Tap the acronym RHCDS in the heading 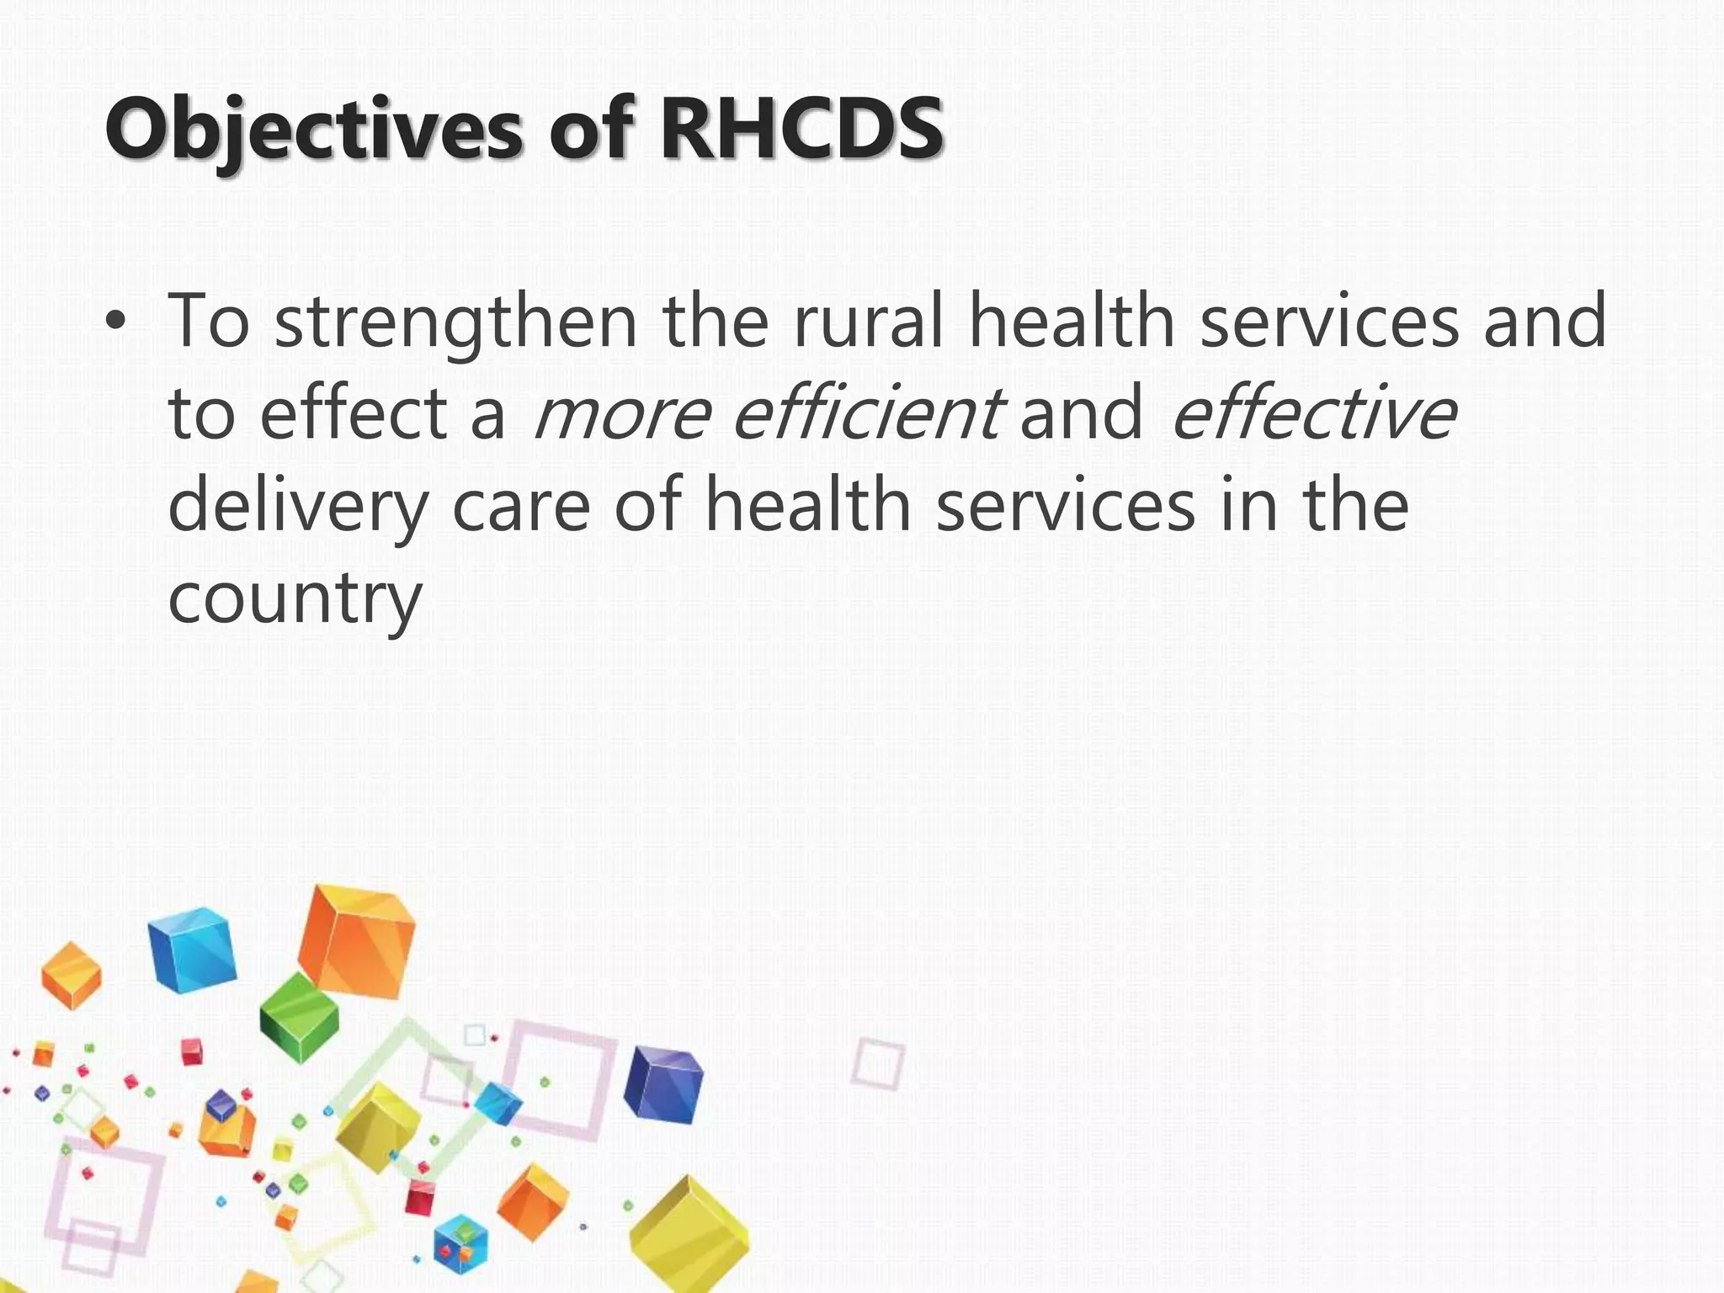click(801, 129)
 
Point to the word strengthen click(455, 322)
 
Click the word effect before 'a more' click(354, 413)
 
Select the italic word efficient click(867, 413)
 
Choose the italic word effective click(1314, 413)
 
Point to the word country click(295, 599)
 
